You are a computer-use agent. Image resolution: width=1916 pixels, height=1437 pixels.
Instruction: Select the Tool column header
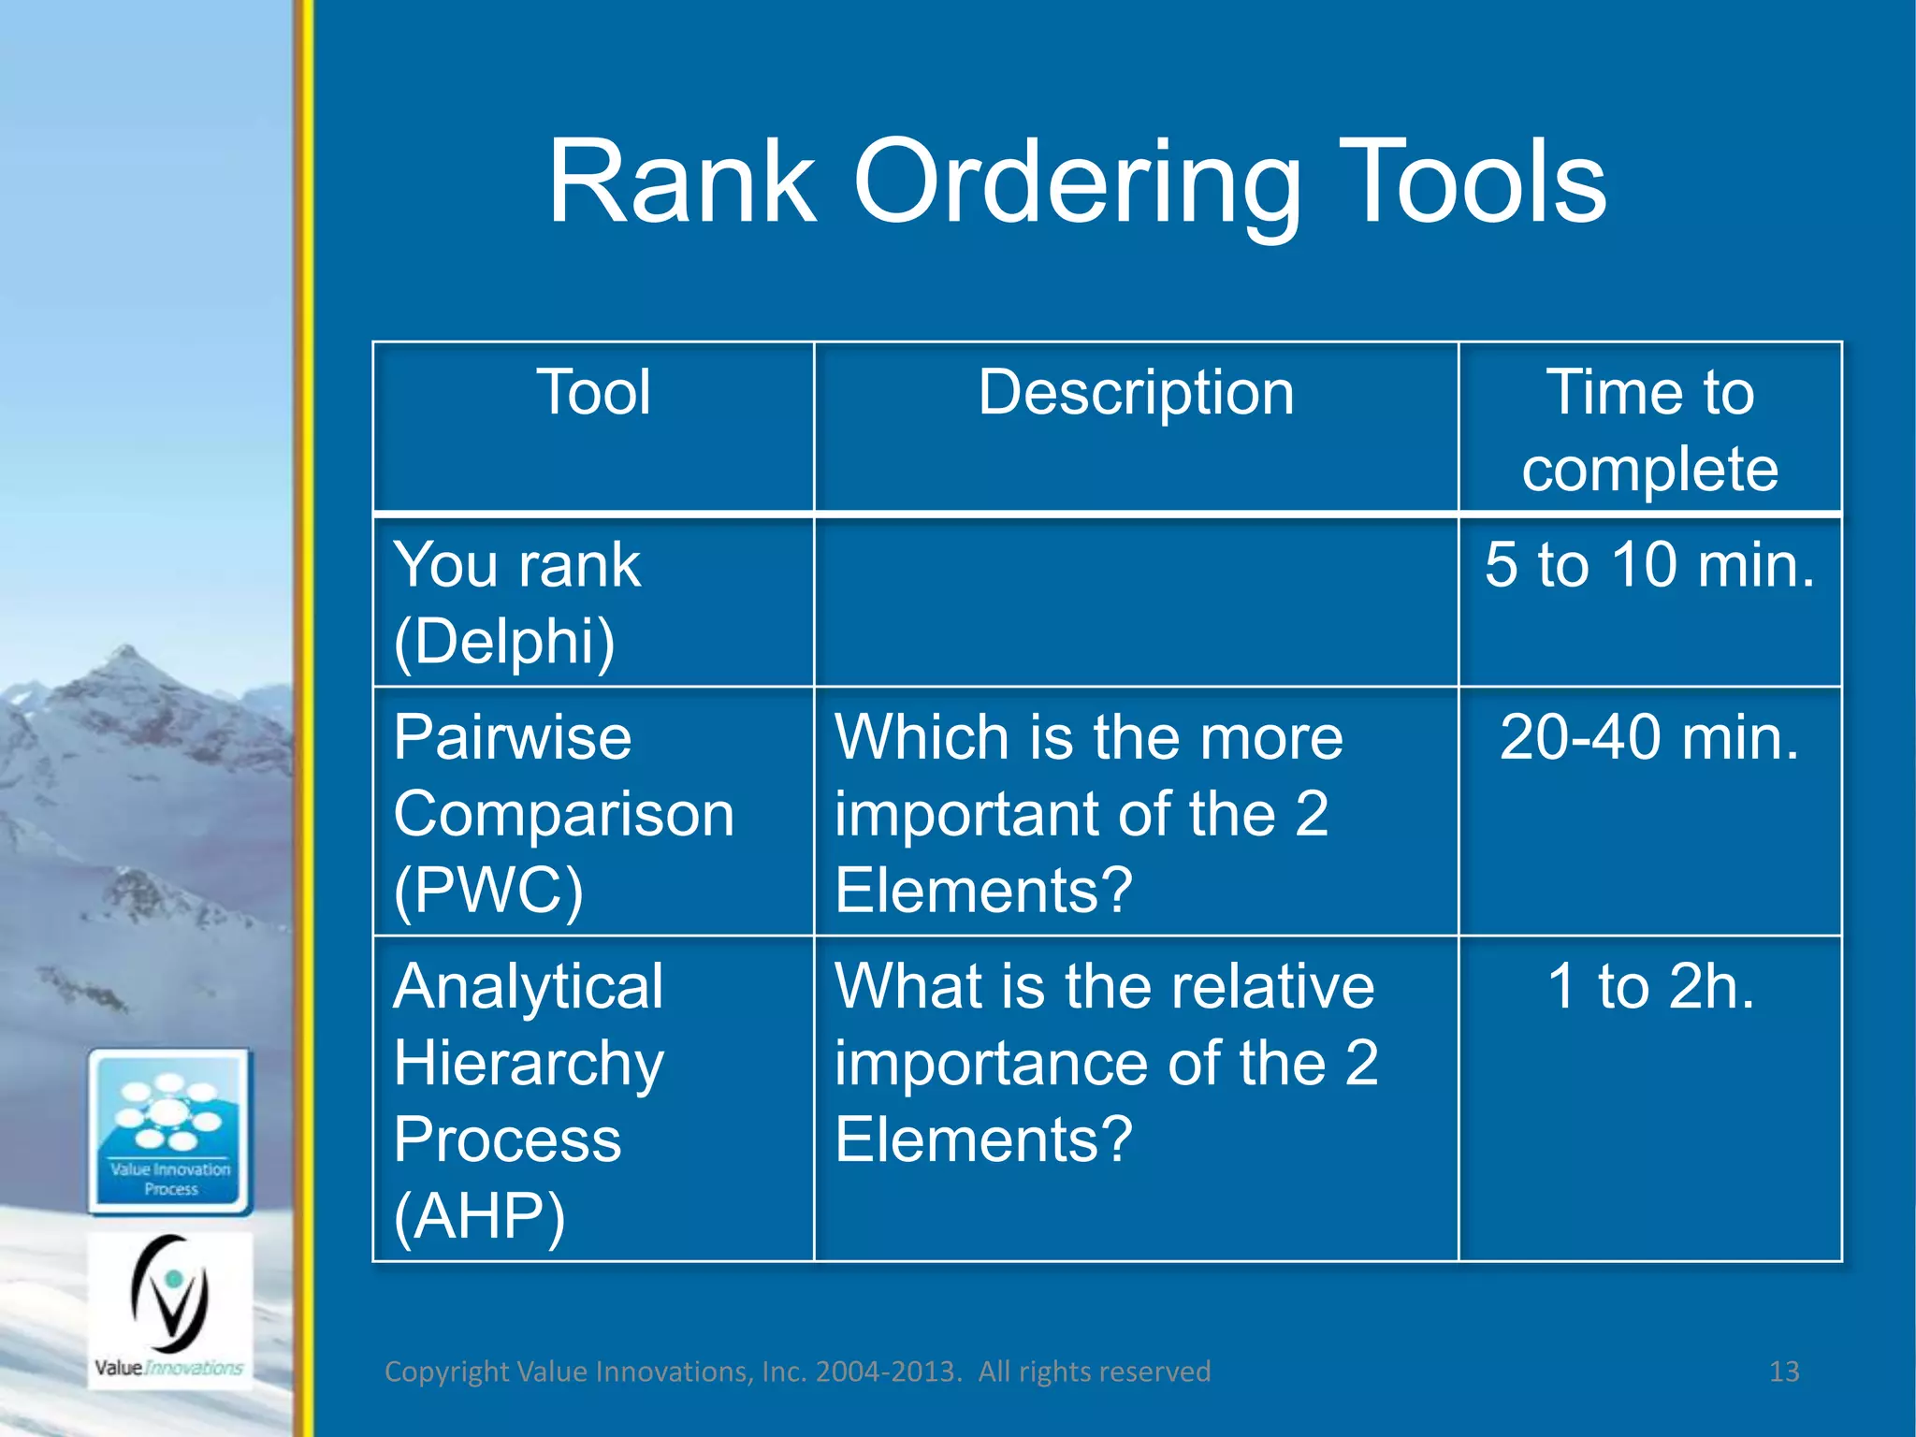pyautogui.click(x=593, y=392)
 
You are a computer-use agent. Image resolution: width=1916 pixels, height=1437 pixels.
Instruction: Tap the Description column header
pyautogui.click(x=1136, y=392)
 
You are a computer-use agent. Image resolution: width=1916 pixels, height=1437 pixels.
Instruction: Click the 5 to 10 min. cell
pyautogui.click(x=1649, y=565)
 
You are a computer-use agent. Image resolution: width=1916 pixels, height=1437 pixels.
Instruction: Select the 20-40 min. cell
pyautogui.click(x=1649, y=738)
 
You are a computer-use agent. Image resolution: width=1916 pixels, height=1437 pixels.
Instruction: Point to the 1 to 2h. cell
pyautogui.click(x=1649, y=987)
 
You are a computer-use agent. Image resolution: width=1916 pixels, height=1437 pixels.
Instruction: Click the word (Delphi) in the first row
pyautogui.click(x=504, y=642)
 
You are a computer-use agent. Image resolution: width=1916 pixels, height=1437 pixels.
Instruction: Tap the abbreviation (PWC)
pyautogui.click(x=488, y=891)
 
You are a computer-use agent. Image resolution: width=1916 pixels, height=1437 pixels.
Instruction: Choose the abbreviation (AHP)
pyautogui.click(x=479, y=1216)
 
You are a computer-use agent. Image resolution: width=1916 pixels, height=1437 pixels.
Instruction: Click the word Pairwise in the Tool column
pyautogui.click(x=513, y=738)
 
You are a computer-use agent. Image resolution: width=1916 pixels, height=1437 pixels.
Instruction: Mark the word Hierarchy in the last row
pyautogui.click(x=529, y=1064)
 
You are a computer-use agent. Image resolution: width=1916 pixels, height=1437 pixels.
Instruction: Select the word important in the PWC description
pyautogui.click(x=967, y=814)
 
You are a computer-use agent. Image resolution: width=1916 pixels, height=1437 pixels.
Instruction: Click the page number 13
pyautogui.click(x=1784, y=1372)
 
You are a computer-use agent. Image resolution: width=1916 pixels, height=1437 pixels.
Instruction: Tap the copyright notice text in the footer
pyautogui.click(x=797, y=1372)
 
